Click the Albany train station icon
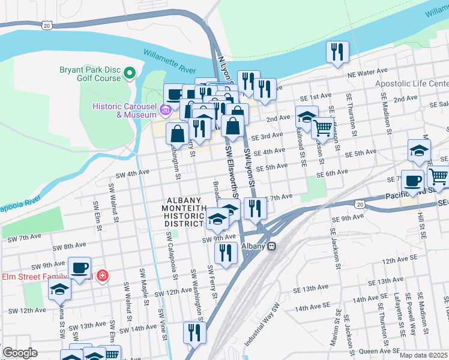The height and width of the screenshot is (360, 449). pos(271,246)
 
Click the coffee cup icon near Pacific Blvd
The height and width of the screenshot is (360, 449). pos(412,181)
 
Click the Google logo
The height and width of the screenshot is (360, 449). pos(20,352)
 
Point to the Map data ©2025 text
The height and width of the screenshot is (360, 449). pos(424,355)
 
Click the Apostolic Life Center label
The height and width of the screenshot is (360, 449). pos(411,84)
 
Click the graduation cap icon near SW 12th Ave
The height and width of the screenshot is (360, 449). pos(59,289)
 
